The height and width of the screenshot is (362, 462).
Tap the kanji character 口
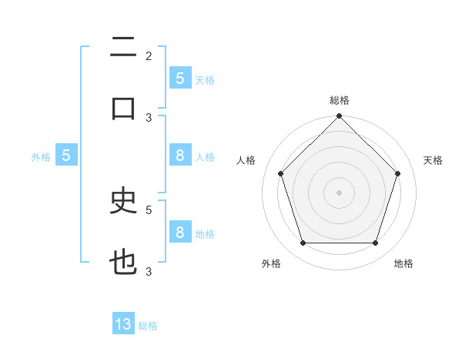point(123,109)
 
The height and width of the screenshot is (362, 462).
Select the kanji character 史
point(123,202)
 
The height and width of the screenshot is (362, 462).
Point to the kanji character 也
point(123,263)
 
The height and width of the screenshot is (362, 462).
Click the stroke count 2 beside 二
point(149,55)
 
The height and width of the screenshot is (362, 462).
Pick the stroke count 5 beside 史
point(149,209)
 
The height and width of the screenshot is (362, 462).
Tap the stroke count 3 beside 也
point(149,271)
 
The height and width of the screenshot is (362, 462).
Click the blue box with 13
point(123,324)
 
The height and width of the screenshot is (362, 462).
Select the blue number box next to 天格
point(179,79)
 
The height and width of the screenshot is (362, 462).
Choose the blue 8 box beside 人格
point(179,156)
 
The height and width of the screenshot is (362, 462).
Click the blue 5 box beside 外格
point(66,156)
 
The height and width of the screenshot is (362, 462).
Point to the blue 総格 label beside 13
point(148,326)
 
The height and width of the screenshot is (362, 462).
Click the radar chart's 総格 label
point(339,100)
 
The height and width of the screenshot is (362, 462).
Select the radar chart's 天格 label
point(433,160)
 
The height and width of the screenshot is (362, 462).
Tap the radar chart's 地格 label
point(403,263)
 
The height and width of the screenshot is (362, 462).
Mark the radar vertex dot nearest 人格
point(280,173)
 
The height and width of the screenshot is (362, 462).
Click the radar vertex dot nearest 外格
point(303,243)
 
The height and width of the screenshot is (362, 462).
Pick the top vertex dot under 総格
point(339,117)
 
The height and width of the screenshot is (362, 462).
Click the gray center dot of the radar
point(339,192)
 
